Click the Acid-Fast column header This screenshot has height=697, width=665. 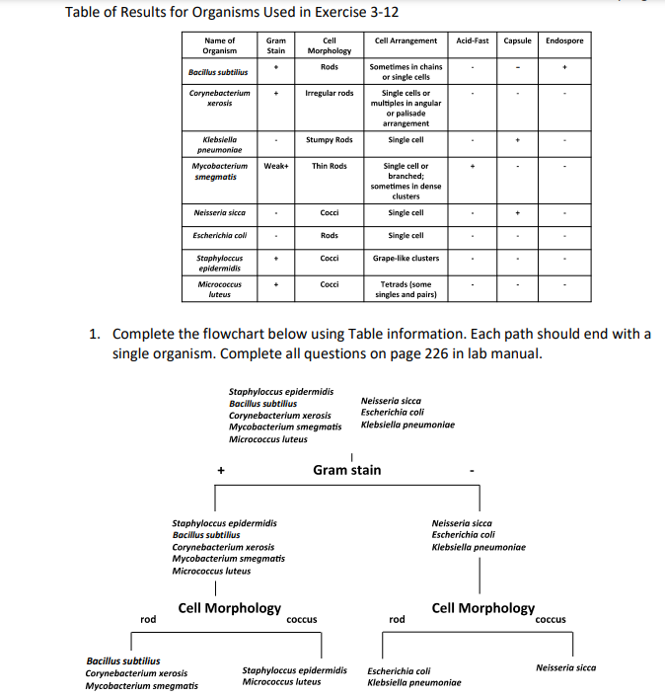click(473, 40)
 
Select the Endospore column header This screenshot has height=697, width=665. click(564, 40)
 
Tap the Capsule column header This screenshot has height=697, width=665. click(518, 40)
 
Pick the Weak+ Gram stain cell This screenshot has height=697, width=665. click(276, 166)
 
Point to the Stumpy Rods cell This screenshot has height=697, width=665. click(330, 140)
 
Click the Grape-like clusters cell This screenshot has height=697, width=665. click(406, 259)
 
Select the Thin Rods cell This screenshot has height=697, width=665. click(330, 166)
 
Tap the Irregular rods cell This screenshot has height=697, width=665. click(330, 93)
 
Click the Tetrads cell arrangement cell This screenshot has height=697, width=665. click(406, 289)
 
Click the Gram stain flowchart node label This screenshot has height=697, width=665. click(346, 470)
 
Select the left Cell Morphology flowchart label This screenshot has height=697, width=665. click(229, 608)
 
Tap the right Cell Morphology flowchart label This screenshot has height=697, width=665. click(483, 608)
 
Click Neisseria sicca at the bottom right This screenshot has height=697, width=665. click(565, 667)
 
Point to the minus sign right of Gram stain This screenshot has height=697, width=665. click(473, 472)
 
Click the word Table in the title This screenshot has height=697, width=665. click(85, 12)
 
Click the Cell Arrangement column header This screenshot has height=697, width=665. click(406, 40)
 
